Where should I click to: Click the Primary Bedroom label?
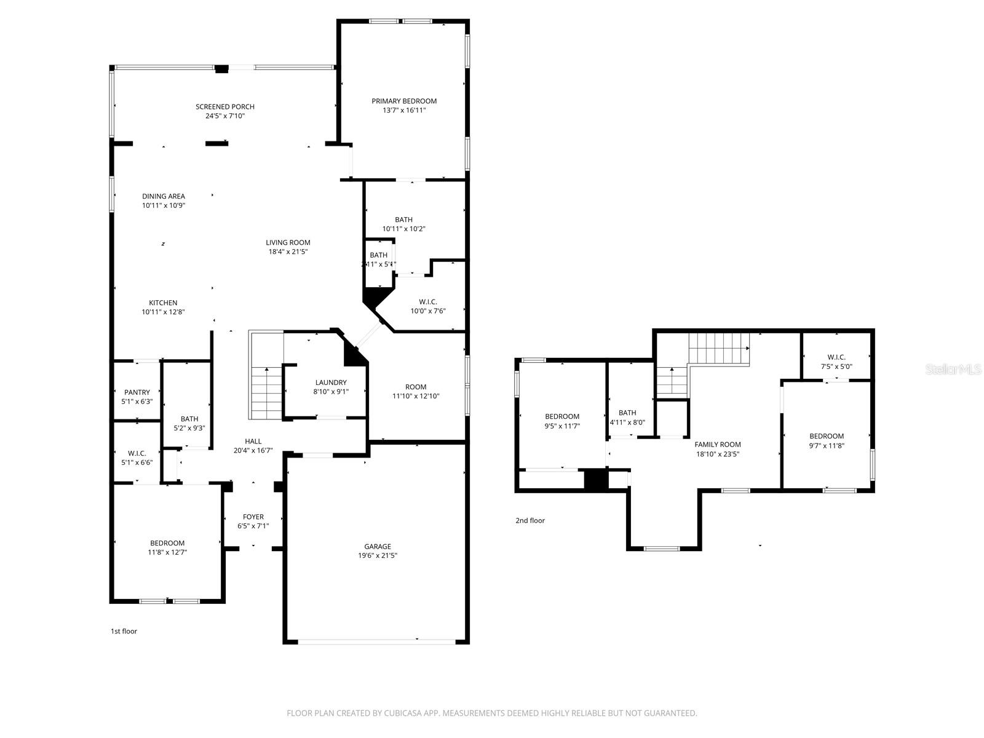pos(404,101)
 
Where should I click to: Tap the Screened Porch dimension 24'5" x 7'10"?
pos(225,116)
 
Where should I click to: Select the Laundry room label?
pos(331,383)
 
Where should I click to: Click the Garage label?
pos(377,546)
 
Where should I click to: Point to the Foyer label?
pos(253,517)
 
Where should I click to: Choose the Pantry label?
pos(137,392)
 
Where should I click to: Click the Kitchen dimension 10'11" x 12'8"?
pos(163,312)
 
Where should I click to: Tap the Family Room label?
pos(718,444)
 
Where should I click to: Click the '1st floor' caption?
pos(124,631)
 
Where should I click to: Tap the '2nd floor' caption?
pos(530,520)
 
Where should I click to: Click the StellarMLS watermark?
pos(954,369)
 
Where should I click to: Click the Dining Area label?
pos(164,196)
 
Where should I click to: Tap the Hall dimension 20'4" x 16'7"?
pos(253,450)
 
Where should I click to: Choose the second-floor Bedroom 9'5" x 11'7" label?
pos(562,416)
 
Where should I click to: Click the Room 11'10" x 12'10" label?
pos(416,387)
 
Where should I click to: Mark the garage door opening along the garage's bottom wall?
pos(376,641)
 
